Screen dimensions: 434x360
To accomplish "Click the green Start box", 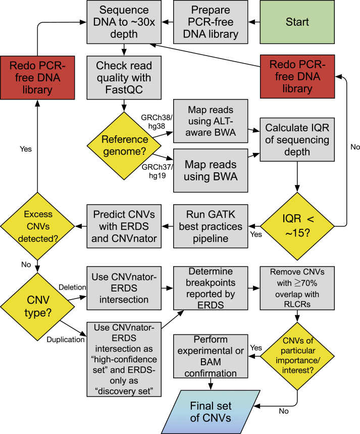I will tap(304, 22).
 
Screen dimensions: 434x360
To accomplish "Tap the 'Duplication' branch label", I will tap(66, 340).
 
